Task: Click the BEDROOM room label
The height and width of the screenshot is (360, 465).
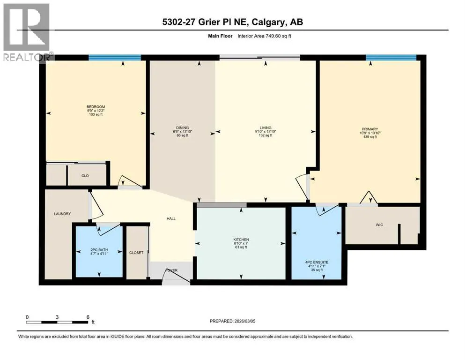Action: [x=96, y=107]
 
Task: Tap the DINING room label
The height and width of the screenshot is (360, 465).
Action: [x=182, y=128]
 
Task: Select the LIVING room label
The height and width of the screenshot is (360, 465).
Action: [x=266, y=128]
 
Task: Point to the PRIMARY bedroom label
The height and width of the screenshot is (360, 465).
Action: [x=370, y=129]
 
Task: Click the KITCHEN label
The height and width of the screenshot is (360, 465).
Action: [x=241, y=240]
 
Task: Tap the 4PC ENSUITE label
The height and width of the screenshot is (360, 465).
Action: [x=317, y=262]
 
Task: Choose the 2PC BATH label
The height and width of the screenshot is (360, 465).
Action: [x=99, y=250]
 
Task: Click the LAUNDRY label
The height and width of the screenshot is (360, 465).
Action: [x=62, y=214]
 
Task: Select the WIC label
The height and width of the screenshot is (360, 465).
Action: [x=379, y=225]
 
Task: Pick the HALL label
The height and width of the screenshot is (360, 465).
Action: [x=171, y=219]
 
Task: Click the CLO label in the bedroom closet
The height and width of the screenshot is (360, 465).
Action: [x=85, y=176]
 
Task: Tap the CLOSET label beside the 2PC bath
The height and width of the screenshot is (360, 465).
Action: [x=136, y=253]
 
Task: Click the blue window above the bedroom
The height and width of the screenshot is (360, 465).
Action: [x=115, y=58]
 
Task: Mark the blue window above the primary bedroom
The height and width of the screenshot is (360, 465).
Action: [x=391, y=58]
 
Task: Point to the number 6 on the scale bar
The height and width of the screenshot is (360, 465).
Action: [x=88, y=317]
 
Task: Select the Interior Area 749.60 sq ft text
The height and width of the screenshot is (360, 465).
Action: [x=264, y=36]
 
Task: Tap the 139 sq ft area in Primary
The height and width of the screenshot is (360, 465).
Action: [x=370, y=137]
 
